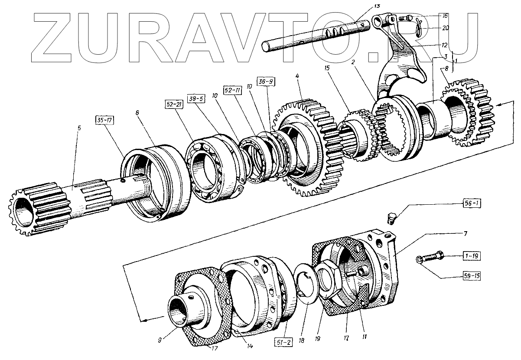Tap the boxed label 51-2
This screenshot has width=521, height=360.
pos(284,342)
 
